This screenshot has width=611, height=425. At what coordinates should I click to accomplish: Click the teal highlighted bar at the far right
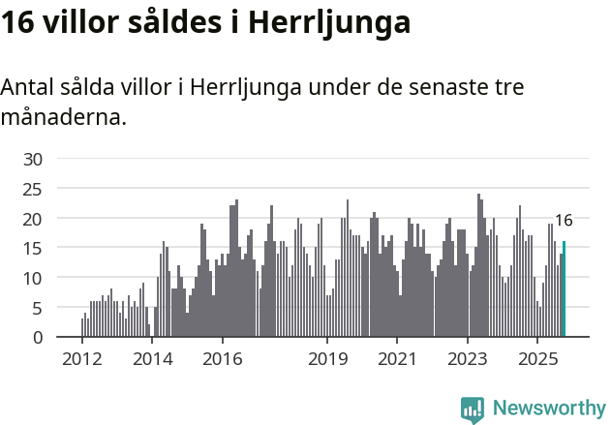564,289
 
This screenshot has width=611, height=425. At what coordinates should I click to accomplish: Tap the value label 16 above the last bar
563,221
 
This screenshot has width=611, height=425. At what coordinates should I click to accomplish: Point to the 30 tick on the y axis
33,159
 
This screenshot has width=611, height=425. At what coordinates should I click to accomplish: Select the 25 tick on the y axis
33,189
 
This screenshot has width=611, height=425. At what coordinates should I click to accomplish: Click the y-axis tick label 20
33,219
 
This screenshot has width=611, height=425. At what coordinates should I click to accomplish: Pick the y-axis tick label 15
33,249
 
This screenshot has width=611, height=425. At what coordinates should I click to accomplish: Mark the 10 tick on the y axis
33,278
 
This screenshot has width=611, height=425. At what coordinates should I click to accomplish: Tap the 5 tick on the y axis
37,308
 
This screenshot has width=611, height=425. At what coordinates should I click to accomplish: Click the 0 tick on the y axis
37,338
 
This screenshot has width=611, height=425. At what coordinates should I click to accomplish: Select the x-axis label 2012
81,360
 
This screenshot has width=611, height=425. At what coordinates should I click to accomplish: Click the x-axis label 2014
152,360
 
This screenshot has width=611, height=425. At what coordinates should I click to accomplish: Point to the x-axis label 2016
222,360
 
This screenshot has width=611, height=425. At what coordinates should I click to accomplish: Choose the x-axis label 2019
327,360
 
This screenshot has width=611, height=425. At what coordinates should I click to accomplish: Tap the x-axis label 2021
397,360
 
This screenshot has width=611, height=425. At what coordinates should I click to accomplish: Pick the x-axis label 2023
468,360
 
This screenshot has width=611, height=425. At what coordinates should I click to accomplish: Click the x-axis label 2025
537,360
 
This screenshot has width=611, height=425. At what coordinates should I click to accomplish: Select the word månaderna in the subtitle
63,119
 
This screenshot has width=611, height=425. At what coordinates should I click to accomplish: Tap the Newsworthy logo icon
473,410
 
